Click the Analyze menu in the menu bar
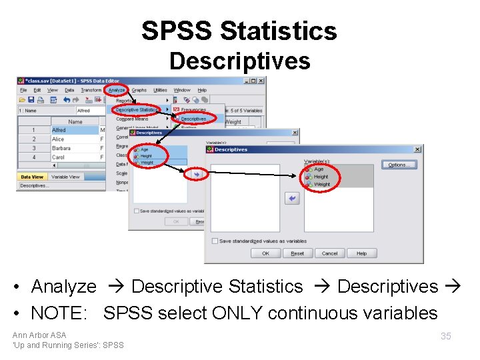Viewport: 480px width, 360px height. point(117,90)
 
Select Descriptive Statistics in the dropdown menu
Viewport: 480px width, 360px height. point(136,109)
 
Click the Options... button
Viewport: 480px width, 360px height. point(399,165)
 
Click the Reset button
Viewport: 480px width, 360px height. point(297,253)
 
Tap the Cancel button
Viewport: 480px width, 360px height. point(329,253)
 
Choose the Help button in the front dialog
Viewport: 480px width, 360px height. point(361,253)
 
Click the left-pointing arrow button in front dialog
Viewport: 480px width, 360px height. point(291,198)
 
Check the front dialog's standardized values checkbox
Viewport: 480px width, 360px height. point(215,241)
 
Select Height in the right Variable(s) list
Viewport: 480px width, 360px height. point(321,177)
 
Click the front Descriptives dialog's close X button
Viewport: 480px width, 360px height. point(417,149)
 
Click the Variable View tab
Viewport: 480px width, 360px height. point(65,177)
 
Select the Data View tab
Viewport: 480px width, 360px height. point(32,177)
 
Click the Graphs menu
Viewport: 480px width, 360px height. point(139,90)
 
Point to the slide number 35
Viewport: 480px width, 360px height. point(445,336)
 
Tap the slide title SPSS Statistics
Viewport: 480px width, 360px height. point(239,31)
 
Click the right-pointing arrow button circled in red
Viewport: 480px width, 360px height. point(197,173)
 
